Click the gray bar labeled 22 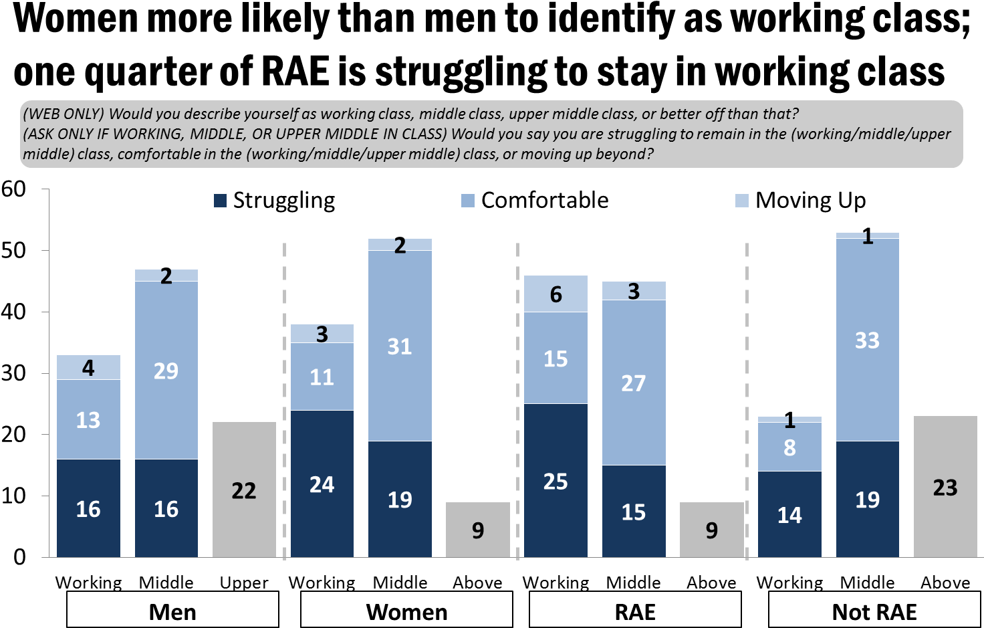(x=244, y=490)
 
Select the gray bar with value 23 (x=945, y=487)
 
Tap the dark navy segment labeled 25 (x=556, y=480)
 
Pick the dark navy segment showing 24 (x=322, y=484)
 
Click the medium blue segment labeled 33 (x=867, y=340)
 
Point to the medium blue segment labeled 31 (x=400, y=346)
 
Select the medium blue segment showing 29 (x=166, y=370)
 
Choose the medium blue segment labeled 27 (x=634, y=383)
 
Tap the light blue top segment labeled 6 (x=556, y=294)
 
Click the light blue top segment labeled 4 (x=88, y=367)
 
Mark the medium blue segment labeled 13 (x=88, y=419)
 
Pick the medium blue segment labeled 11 (x=322, y=377)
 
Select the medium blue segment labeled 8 (x=789, y=447)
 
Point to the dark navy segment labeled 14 (x=789, y=514)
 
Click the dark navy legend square (x=220, y=201)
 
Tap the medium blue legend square (x=468, y=201)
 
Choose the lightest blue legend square (x=741, y=201)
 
